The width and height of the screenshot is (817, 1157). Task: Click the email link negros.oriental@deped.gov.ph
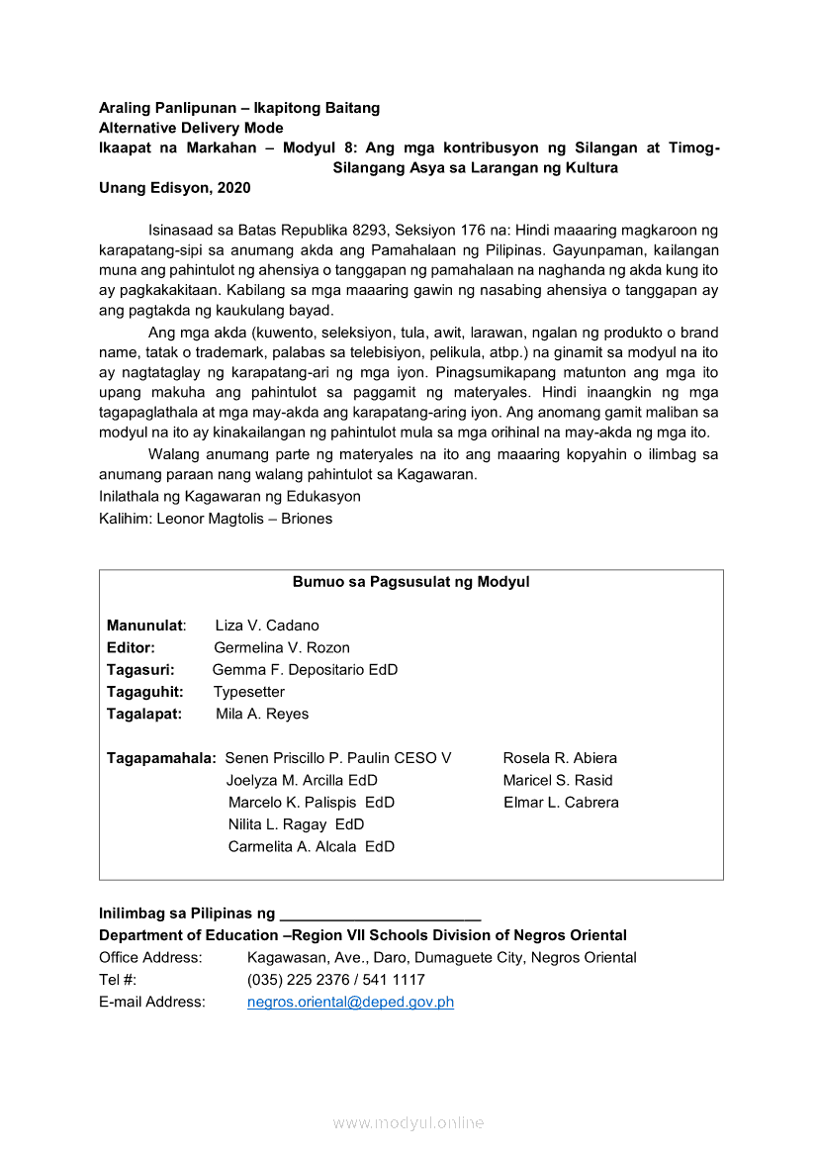350,1002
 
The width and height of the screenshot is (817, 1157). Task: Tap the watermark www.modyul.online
408,1122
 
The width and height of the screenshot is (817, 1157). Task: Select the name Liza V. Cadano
267,626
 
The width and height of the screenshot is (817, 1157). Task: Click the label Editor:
131,647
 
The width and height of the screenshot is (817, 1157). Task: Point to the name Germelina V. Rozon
282,647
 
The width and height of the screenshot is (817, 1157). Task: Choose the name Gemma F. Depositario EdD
305,670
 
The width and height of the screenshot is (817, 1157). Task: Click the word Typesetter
249,692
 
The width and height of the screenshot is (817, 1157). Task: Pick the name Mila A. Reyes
262,714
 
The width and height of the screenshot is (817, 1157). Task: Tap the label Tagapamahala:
161,758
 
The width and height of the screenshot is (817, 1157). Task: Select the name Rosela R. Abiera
560,758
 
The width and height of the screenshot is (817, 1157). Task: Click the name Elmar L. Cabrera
561,803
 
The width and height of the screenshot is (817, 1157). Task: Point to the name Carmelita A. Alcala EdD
312,846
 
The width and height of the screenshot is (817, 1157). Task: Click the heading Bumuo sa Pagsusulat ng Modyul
410,582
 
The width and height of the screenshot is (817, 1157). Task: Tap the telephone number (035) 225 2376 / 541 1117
336,980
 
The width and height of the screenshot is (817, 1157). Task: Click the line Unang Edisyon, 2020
175,188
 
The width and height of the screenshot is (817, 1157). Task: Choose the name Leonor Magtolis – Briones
244,519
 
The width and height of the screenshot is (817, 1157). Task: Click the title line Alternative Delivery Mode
191,128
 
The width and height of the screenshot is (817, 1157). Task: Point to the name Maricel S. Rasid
558,780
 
